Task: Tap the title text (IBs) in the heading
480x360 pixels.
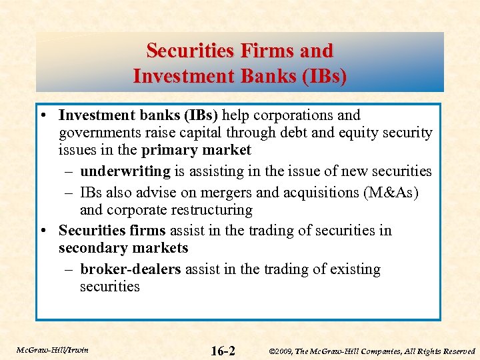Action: [324, 77]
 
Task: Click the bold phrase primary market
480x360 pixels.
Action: [196, 150]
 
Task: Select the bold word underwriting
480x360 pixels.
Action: [125, 172]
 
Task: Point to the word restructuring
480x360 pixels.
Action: [210, 210]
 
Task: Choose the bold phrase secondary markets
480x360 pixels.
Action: [123, 248]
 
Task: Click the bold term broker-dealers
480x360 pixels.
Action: [131, 269]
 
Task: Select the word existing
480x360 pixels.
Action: [353, 269]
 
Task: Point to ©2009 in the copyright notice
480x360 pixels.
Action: [281, 351]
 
